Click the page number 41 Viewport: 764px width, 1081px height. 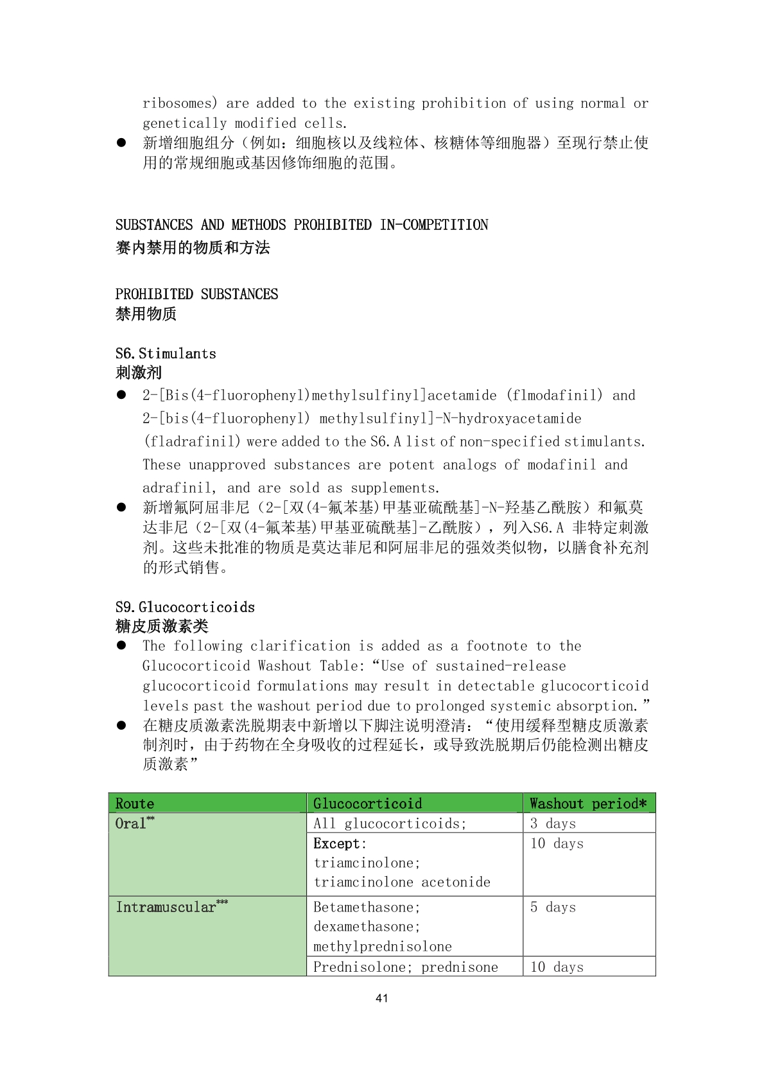tap(381, 998)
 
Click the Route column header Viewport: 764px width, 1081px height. tap(135, 804)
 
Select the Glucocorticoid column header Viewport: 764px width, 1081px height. tap(367, 804)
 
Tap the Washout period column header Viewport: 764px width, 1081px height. tap(588, 804)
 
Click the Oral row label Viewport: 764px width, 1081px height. tap(131, 823)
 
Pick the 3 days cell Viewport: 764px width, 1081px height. tap(553, 823)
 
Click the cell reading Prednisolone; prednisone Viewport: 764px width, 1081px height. tap(405, 967)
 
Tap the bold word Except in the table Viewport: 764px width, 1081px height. tap(338, 843)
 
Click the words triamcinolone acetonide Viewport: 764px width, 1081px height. tap(402, 882)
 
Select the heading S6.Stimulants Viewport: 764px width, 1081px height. tap(166, 353)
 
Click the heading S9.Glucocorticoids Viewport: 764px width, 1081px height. tap(185, 607)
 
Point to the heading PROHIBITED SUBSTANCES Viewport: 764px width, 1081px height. tap(196, 294)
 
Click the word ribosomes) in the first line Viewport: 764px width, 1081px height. tap(180, 103)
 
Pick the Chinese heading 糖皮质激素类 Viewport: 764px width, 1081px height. tap(162, 626)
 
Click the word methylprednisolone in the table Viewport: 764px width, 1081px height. tap(383, 946)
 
